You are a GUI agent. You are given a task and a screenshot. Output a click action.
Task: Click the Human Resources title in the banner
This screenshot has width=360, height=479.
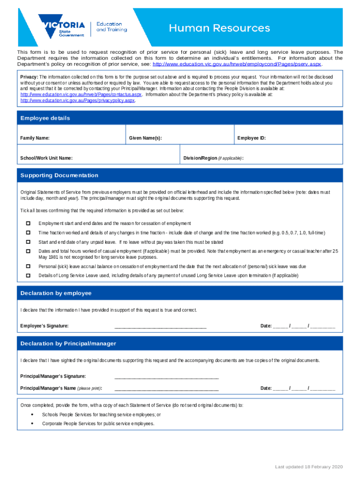click(x=219, y=29)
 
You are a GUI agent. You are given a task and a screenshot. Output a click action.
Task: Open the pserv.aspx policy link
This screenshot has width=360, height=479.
click(x=237, y=64)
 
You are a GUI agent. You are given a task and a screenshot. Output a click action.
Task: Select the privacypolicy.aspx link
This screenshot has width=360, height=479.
click(x=78, y=100)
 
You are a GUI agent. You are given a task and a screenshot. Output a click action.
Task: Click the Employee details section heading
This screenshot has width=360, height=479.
click(x=45, y=118)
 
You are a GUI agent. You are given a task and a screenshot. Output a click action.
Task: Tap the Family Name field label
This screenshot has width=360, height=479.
click(x=35, y=138)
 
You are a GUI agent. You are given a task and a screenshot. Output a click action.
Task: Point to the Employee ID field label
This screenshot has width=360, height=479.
click(x=252, y=138)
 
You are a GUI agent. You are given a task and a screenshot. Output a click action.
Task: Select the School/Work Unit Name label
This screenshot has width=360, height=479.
click(x=46, y=158)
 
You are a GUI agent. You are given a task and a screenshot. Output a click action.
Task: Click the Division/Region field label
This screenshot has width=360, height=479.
click(x=213, y=158)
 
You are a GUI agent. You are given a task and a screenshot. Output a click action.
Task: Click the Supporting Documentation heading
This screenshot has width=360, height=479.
click(x=59, y=175)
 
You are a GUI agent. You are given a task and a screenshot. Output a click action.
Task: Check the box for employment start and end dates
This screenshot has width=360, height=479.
click(x=28, y=223)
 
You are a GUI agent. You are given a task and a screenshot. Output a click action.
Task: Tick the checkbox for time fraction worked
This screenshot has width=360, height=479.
click(x=28, y=232)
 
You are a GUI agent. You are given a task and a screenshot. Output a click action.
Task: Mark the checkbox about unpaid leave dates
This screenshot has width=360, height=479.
click(x=28, y=242)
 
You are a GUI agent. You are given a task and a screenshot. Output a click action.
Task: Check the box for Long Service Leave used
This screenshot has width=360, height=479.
click(x=28, y=276)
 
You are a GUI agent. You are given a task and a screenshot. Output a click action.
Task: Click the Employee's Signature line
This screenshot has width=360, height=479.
click(x=160, y=326)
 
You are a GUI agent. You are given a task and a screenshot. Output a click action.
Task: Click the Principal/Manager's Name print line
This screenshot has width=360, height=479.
click(x=166, y=388)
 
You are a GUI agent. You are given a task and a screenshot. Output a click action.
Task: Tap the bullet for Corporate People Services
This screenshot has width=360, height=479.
click(x=31, y=423)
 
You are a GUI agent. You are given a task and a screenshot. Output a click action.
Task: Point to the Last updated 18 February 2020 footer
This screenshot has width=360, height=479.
click(x=309, y=467)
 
